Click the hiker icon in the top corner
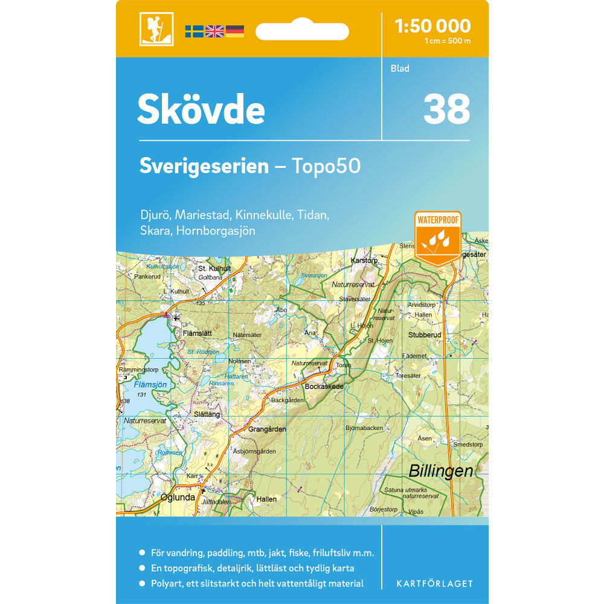[156, 29]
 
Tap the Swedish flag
[194, 31]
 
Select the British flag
[214, 31]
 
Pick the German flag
[235, 31]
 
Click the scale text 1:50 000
[432, 26]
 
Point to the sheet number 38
[446, 109]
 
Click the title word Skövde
[201, 110]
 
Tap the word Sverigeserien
[204, 166]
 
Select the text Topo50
[326, 166]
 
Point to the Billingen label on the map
[440, 471]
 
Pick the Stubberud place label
[425, 335]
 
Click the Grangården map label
[267, 429]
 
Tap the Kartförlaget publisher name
[434, 583]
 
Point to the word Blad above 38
[400, 68]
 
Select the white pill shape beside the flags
[302, 31]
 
